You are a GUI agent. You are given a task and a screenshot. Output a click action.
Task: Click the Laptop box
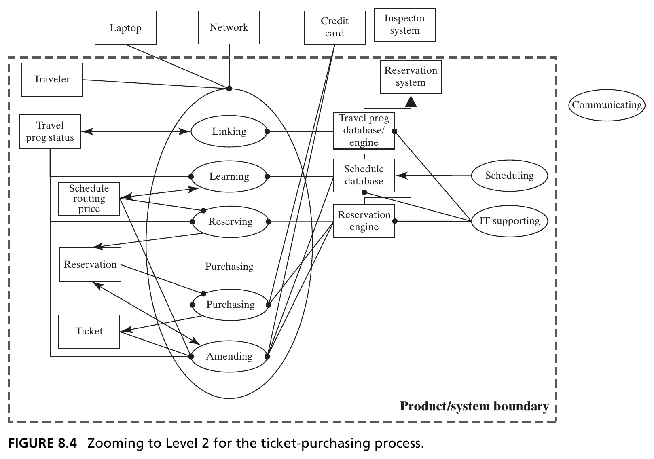(x=125, y=28)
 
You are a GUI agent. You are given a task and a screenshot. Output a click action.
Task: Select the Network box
(x=229, y=27)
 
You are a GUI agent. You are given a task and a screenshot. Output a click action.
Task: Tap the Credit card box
(x=334, y=28)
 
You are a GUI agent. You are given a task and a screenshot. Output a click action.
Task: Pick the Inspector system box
(x=405, y=25)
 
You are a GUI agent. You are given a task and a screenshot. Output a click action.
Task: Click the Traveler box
(x=52, y=79)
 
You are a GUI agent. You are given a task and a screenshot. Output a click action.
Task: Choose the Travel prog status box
(x=50, y=132)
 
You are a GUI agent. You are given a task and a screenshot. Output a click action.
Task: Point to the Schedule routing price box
(x=89, y=199)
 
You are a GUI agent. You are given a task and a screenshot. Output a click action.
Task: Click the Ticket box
(x=89, y=331)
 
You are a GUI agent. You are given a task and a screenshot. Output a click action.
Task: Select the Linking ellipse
(x=229, y=131)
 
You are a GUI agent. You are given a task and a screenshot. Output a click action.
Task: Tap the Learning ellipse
(x=229, y=176)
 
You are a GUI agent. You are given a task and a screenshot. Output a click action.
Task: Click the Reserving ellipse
(x=231, y=222)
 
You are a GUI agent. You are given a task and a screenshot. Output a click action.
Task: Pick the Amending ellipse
(x=229, y=356)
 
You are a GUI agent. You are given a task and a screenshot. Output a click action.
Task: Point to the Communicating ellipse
(x=607, y=105)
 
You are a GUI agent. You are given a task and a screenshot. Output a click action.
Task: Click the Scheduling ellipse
(x=510, y=176)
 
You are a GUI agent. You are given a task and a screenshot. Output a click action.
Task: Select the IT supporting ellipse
(x=510, y=221)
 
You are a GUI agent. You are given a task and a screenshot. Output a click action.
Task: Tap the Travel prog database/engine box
(x=364, y=131)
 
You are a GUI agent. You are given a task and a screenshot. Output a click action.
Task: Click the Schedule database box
(x=364, y=176)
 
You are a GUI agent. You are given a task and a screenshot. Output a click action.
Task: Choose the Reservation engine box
(x=364, y=221)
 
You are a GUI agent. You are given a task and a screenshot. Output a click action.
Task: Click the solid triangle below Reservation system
(x=411, y=101)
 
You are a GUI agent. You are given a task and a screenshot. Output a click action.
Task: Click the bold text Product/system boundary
(x=474, y=406)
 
